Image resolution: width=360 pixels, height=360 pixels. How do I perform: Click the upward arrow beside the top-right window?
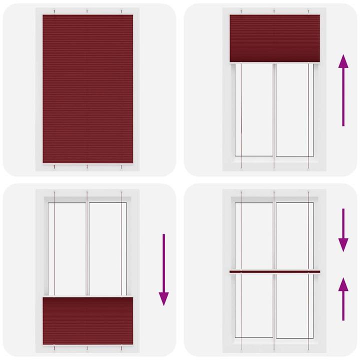(343, 90)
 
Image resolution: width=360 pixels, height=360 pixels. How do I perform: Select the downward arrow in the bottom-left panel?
(163, 270)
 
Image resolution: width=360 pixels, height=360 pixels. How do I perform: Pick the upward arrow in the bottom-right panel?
(343, 298)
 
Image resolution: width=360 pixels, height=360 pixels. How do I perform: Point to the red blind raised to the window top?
(274, 38)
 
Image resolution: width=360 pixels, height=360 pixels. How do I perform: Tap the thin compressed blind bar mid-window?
(274, 272)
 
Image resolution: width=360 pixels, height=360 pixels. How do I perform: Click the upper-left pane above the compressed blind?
(256, 235)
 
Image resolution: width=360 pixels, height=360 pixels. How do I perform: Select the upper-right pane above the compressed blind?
(292, 235)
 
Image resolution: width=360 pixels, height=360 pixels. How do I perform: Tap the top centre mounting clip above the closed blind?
(87, 11)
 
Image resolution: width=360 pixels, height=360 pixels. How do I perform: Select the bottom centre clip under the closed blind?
(87, 166)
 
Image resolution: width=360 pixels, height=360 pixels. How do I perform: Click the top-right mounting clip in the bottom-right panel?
(308, 192)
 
